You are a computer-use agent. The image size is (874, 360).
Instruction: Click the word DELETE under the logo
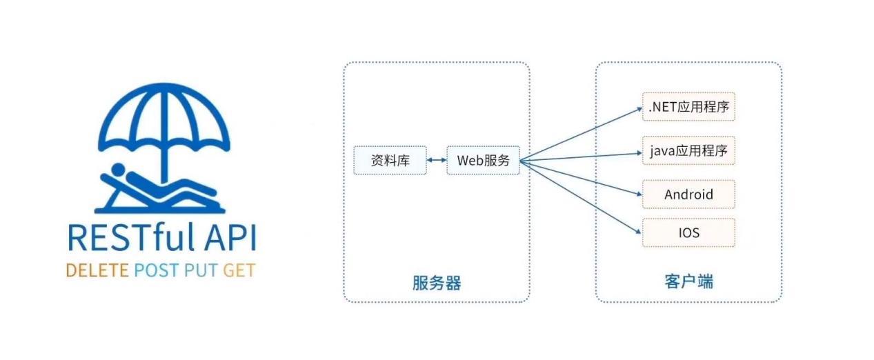[x=97, y=270]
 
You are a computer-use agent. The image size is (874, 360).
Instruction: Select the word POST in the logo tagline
[x=156, y=270]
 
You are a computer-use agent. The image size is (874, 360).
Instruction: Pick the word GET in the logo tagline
[x=239, y=270]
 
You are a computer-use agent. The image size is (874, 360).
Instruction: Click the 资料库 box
[x=390, y=161]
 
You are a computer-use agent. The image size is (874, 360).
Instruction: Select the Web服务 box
[x=483, y=161]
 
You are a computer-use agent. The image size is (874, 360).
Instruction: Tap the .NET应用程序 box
[x=688, y=107]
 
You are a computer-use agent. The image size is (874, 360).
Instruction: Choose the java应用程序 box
[x=688, y=150]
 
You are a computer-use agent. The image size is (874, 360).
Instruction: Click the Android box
[x=688, y=194]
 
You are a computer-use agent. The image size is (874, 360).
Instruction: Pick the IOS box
[x=688, y=233]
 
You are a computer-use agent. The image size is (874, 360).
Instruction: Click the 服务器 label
[x=436, y=283]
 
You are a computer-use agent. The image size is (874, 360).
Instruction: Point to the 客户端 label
[x=688, y=283]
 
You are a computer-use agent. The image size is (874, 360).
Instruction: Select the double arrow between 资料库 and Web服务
[x=437, y=161]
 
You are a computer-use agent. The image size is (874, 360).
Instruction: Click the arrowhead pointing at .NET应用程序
[x=637, y=108]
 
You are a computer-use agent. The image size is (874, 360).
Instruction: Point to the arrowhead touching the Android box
[x=637, y=194]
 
